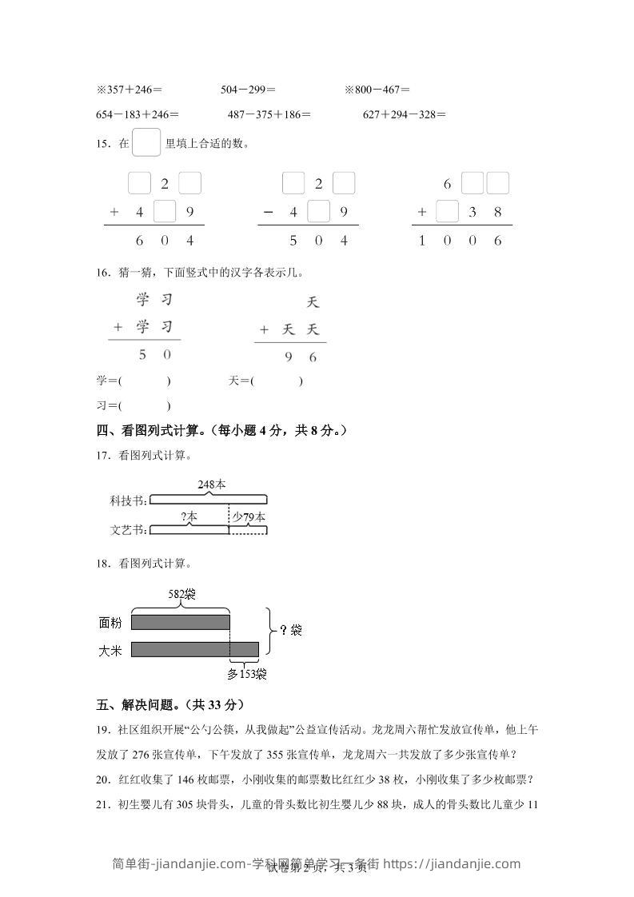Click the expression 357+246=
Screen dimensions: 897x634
point(131,90)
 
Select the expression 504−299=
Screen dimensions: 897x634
point(248,90)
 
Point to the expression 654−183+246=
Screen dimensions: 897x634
point(137,114)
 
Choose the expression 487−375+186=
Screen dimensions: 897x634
point(269,114)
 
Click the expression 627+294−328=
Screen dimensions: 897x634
point(405,114)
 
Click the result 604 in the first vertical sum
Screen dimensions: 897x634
point(165,241)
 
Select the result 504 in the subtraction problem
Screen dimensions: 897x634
point(318,241)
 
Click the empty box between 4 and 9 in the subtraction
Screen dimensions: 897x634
point(318,213)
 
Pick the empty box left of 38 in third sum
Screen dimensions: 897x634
point(447,213)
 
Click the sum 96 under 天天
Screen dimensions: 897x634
point(301,357)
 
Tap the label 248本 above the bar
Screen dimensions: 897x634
point(212,484)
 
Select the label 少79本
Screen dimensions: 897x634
point(249,517)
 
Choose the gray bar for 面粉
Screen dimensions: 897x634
point(180,622)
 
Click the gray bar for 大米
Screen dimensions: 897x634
point(194,648)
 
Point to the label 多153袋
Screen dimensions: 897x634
point(247,674)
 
